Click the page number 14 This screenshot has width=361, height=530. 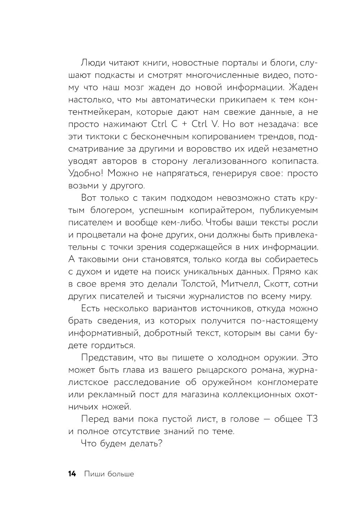coord(72,474)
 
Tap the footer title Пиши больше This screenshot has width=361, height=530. coord(109,474)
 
